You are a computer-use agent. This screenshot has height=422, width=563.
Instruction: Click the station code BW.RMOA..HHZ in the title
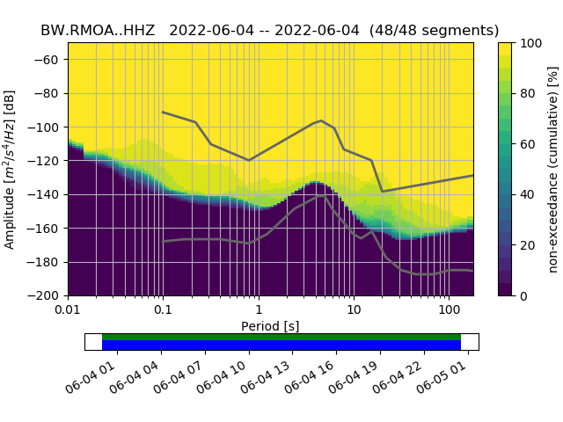coord(99,30)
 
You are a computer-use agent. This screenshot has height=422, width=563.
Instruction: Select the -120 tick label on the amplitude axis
coord(48,161)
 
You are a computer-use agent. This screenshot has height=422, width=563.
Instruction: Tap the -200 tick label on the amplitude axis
coord(48,295)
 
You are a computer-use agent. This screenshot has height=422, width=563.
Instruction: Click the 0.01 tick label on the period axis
coord(68,310)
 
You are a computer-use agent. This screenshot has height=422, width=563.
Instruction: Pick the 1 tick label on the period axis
coord(258,310)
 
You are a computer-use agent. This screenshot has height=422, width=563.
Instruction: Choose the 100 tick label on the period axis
coord(449,310)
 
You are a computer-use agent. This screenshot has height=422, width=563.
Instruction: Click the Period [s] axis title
coord(270,326)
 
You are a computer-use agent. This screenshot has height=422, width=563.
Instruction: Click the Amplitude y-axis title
coord(10,169)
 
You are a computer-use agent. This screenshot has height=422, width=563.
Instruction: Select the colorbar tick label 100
coord(530,43)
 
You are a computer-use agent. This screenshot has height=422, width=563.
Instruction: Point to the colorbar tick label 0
coord(524,295)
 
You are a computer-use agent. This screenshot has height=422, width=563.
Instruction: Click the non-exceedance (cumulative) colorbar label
coord(553,169)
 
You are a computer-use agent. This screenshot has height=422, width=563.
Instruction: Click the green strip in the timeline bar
coord(281,337)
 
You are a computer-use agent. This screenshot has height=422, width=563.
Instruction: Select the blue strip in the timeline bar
coord(281,346)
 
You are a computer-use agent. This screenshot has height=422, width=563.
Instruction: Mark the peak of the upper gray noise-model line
coord(321,120)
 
